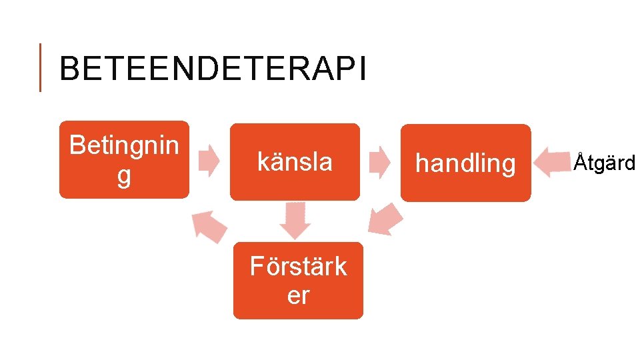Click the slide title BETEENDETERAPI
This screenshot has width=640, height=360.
point(212,69)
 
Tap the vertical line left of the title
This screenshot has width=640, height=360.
point(41,67)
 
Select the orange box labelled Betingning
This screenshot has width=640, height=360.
point(124,159)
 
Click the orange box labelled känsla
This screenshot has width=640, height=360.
point(295,161)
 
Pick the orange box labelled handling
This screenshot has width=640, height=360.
point(465,162)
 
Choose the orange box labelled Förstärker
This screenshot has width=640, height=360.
point(298,280)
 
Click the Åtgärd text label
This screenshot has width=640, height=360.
point(605,162)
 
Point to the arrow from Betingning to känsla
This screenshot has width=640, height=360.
point(210,160)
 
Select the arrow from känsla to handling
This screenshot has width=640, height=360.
point(380,161)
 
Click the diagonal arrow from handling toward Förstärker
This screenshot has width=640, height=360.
point(386,219)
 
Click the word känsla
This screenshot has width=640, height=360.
point(295,161)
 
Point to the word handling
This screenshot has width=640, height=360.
point(465,163)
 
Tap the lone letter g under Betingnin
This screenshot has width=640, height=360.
point(124,177)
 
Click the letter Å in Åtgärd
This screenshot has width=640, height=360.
point(581,161)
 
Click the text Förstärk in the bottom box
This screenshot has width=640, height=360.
point(298,266)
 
